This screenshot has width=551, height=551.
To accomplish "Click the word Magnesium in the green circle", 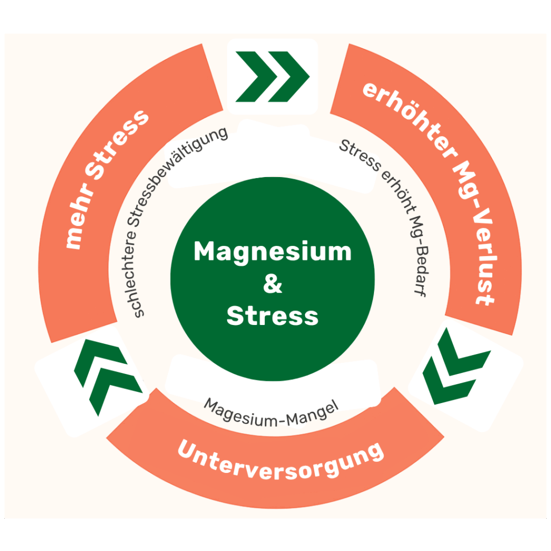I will click(x=272, y=252).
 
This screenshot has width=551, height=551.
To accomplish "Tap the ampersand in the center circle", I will click(x=273, y=284).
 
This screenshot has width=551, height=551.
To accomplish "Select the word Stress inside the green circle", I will click(x=272, y=316).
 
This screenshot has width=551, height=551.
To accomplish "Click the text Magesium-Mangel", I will click(x=272, y=412).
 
